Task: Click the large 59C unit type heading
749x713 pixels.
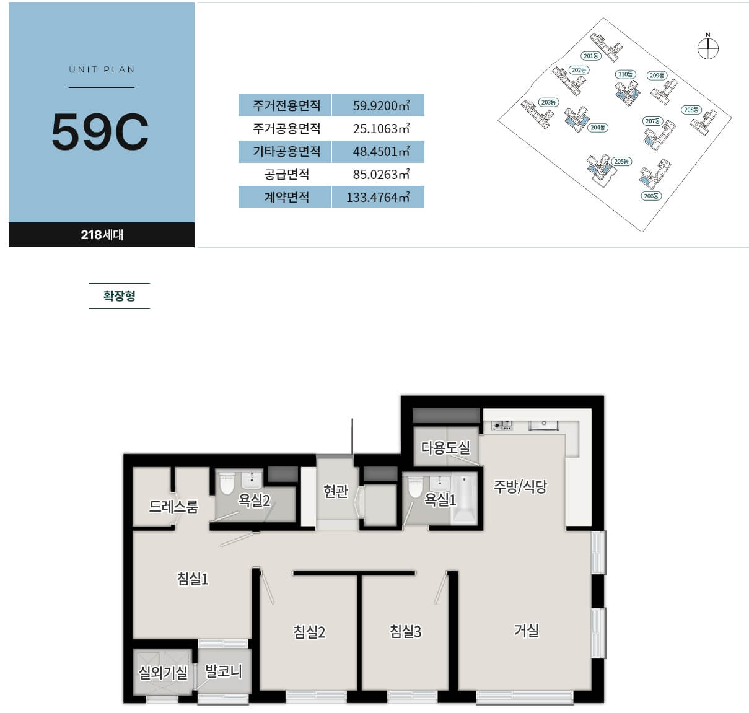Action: click(x=100, y=131)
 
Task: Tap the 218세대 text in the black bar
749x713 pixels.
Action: click(x=102, y=235)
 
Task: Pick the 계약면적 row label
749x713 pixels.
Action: click(x=286, y=197)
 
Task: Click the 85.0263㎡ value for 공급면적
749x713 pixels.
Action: click(x=381, y=174)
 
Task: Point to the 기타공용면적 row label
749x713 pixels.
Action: click(x=286, y=151)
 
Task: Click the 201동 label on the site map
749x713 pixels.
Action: click(x=591, y=56)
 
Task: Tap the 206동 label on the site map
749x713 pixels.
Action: click(x=650, y=196)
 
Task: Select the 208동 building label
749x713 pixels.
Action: click(x=691, y=110)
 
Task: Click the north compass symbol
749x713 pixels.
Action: click(x=708, y=49)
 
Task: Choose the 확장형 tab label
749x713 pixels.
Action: click(x=119, y=295)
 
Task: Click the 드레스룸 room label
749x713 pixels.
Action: click(x=173, y=507)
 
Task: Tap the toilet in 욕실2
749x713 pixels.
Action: click(x=227, y=484)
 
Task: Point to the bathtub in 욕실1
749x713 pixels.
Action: click(x=463, y=499)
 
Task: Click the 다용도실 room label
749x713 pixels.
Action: click(x=445, y=447)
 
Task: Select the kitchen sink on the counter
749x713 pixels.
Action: click(x=544, y=425)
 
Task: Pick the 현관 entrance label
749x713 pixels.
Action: click(x=336, y=491)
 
